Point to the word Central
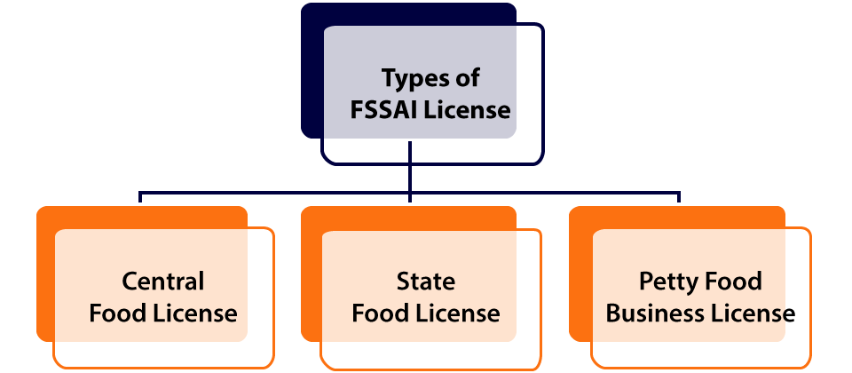[x=162, y=282]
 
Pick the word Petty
[x=667, y=282]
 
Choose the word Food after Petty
[x=731, y=282]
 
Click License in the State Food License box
[x=458, y=313]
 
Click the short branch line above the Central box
[x=140, y=197]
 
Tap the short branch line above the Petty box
[x=680, y=197]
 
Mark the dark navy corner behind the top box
[x=312, y=18]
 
